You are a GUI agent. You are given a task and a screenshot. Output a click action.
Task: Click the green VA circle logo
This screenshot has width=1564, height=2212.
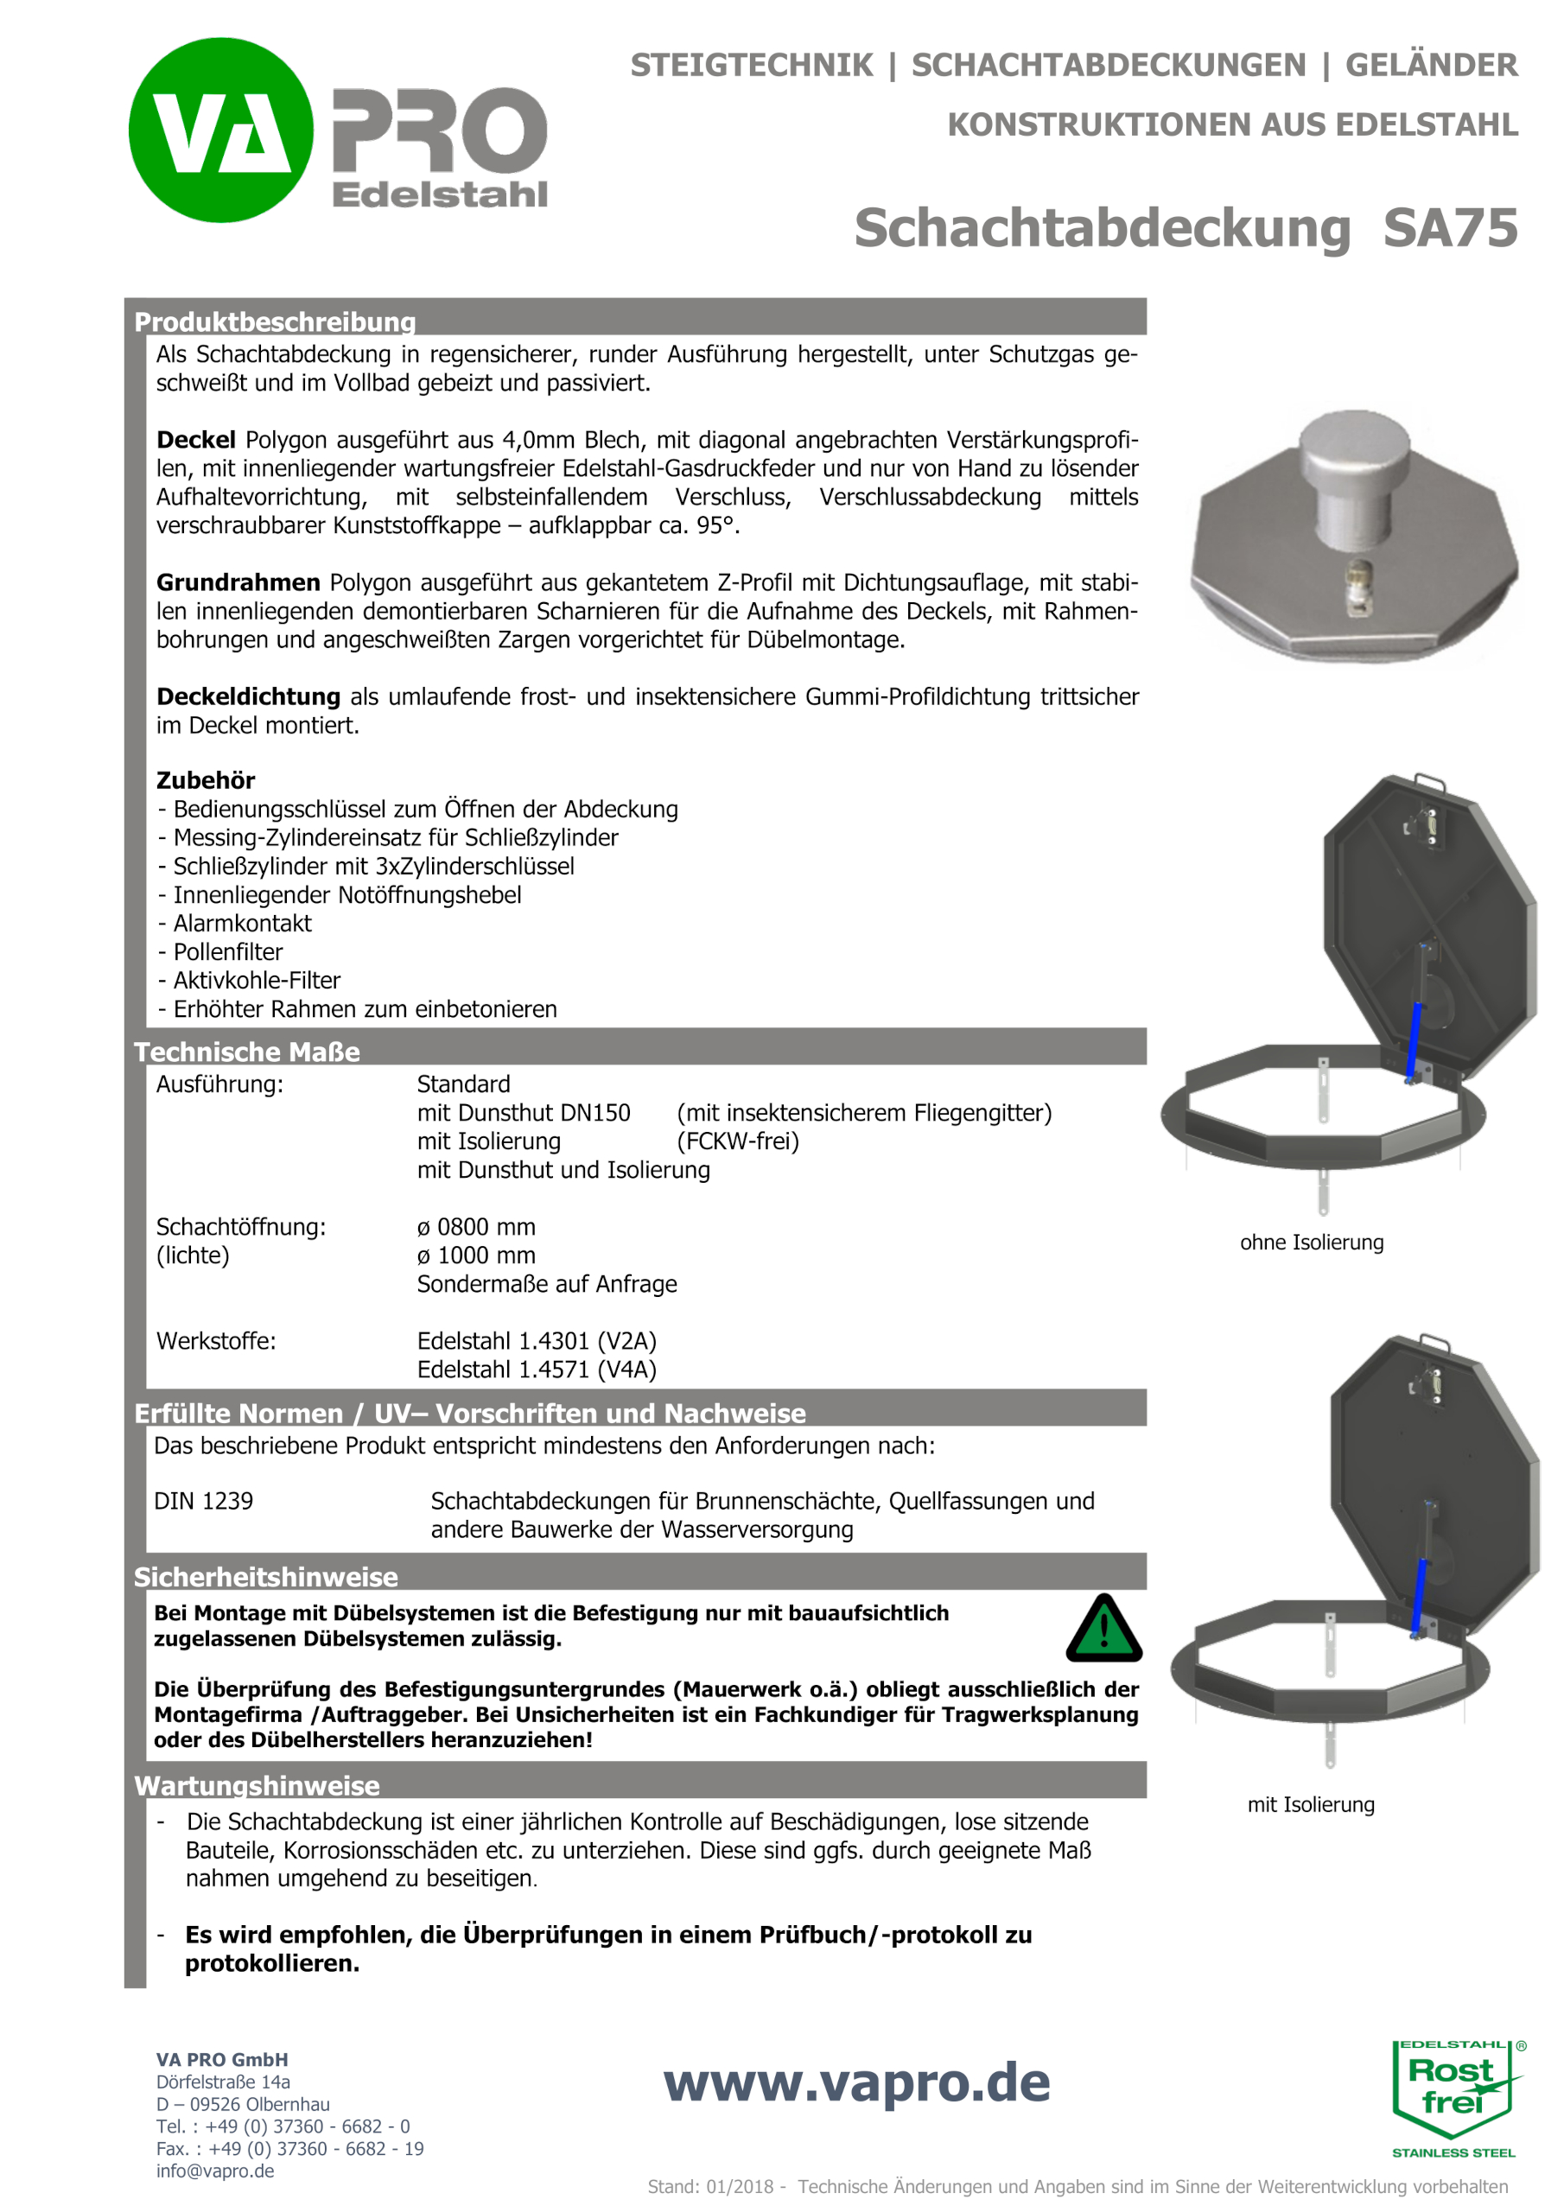point(220,130)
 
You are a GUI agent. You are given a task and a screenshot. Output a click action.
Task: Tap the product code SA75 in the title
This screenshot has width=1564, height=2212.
point(1449,228)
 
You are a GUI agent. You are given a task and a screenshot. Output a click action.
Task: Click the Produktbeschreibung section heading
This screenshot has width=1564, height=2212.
point(275,321)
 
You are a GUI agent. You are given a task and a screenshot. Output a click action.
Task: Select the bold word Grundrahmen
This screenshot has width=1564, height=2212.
point(238,583)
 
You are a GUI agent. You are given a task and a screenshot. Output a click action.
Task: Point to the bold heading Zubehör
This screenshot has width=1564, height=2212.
point(206,780)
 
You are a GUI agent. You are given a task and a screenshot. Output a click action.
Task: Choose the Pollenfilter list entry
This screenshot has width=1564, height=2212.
point(227,952)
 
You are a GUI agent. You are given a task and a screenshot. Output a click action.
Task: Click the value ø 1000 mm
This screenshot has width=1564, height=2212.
point(476,1255)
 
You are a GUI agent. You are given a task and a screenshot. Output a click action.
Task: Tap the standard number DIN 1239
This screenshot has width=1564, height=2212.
point(203,1501)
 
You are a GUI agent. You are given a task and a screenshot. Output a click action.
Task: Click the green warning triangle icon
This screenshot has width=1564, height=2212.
point(1103,1629)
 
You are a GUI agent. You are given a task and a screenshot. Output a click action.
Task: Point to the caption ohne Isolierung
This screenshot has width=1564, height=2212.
point(1312,1243)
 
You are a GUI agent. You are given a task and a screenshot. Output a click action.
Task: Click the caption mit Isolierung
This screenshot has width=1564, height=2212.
point(1311,1804)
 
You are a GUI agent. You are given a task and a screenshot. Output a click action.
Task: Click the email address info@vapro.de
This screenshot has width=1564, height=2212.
point(215,2171)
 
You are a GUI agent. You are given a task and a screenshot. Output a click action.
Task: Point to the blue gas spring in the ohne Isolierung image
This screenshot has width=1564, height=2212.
point(1415,1041)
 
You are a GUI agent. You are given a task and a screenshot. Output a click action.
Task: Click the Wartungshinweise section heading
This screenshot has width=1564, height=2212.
point(257,1785)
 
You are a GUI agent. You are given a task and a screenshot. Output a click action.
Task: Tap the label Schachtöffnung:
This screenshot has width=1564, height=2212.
point(241,1226)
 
